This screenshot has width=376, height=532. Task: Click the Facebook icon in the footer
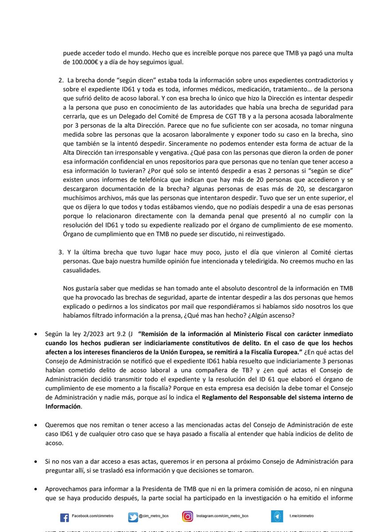pyautogui.click(x=64, y=517)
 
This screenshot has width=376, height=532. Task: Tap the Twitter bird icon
pyautogui.click(x=133, y=517)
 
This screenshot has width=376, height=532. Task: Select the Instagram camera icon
pyautogui.click(x=188, y=516)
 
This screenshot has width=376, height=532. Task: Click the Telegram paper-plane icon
pyautogui.click(x=277, y=516)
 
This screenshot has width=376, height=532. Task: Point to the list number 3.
pyautogui.click(x=61, y=252)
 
